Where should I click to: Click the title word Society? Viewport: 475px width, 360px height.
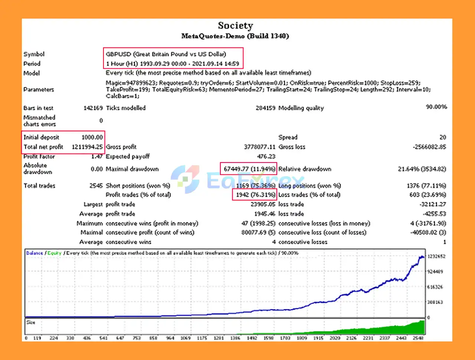235,26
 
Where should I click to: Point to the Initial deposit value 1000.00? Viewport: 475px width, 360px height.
92,137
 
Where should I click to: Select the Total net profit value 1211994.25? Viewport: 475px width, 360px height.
87,147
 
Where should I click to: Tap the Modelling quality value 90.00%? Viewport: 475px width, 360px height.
436,107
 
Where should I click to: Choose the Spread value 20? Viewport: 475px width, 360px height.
442,137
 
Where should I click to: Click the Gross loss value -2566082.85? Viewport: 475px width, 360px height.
429,147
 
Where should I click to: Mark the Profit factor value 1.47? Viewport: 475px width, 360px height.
96,157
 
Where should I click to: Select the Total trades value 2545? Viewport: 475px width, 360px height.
96,186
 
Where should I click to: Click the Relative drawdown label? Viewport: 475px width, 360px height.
305,169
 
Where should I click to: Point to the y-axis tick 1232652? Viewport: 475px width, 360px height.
436,256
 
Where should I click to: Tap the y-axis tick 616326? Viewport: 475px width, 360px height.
435,287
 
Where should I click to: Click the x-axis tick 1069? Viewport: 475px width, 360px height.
185,338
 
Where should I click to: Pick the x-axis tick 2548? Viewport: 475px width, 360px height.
418,338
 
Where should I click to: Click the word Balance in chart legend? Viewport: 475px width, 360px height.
35,253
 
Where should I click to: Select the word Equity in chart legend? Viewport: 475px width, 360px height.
54,253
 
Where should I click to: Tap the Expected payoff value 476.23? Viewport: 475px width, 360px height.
266,157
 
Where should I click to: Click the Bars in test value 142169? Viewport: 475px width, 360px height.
93,108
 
